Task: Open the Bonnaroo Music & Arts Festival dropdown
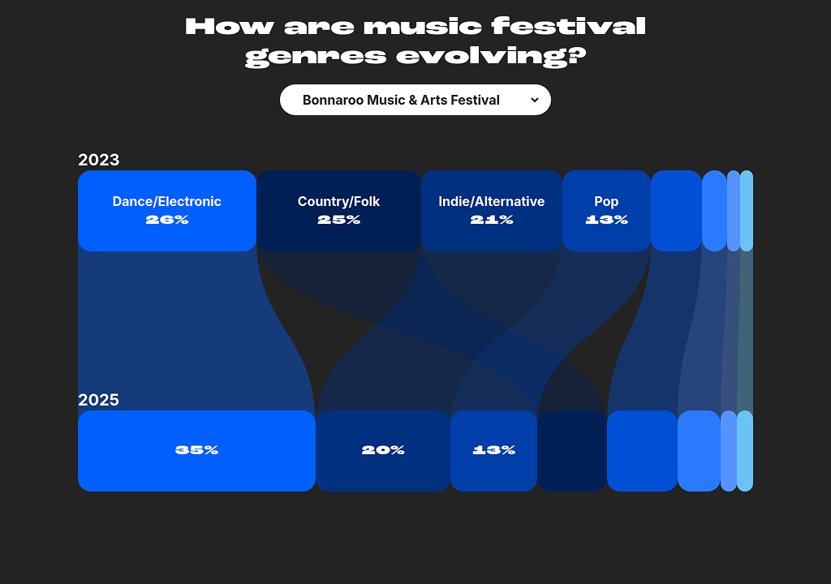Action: (415, 100)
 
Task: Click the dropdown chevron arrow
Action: (535, 100)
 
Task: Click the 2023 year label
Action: (98, 160)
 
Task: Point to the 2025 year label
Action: (98, 400)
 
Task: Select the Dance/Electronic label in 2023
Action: (167, 201)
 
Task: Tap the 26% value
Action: (167, 219)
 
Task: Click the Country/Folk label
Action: (338, 201)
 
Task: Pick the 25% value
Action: (338, 219)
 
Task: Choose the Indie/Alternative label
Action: (491, 201)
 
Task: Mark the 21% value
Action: (491, 219)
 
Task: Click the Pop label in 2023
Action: (606, 201)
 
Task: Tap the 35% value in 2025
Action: (196, 450)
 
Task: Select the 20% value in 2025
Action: (383, 450)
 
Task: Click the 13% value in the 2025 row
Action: (493, 450)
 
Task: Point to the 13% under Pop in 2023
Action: (606, 219)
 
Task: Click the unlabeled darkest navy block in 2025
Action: (572, 451)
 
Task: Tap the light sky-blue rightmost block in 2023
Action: (747, 211)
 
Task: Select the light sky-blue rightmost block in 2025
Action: (745, 451)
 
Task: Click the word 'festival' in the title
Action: (568, 27)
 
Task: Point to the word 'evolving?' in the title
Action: (491, 56)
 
